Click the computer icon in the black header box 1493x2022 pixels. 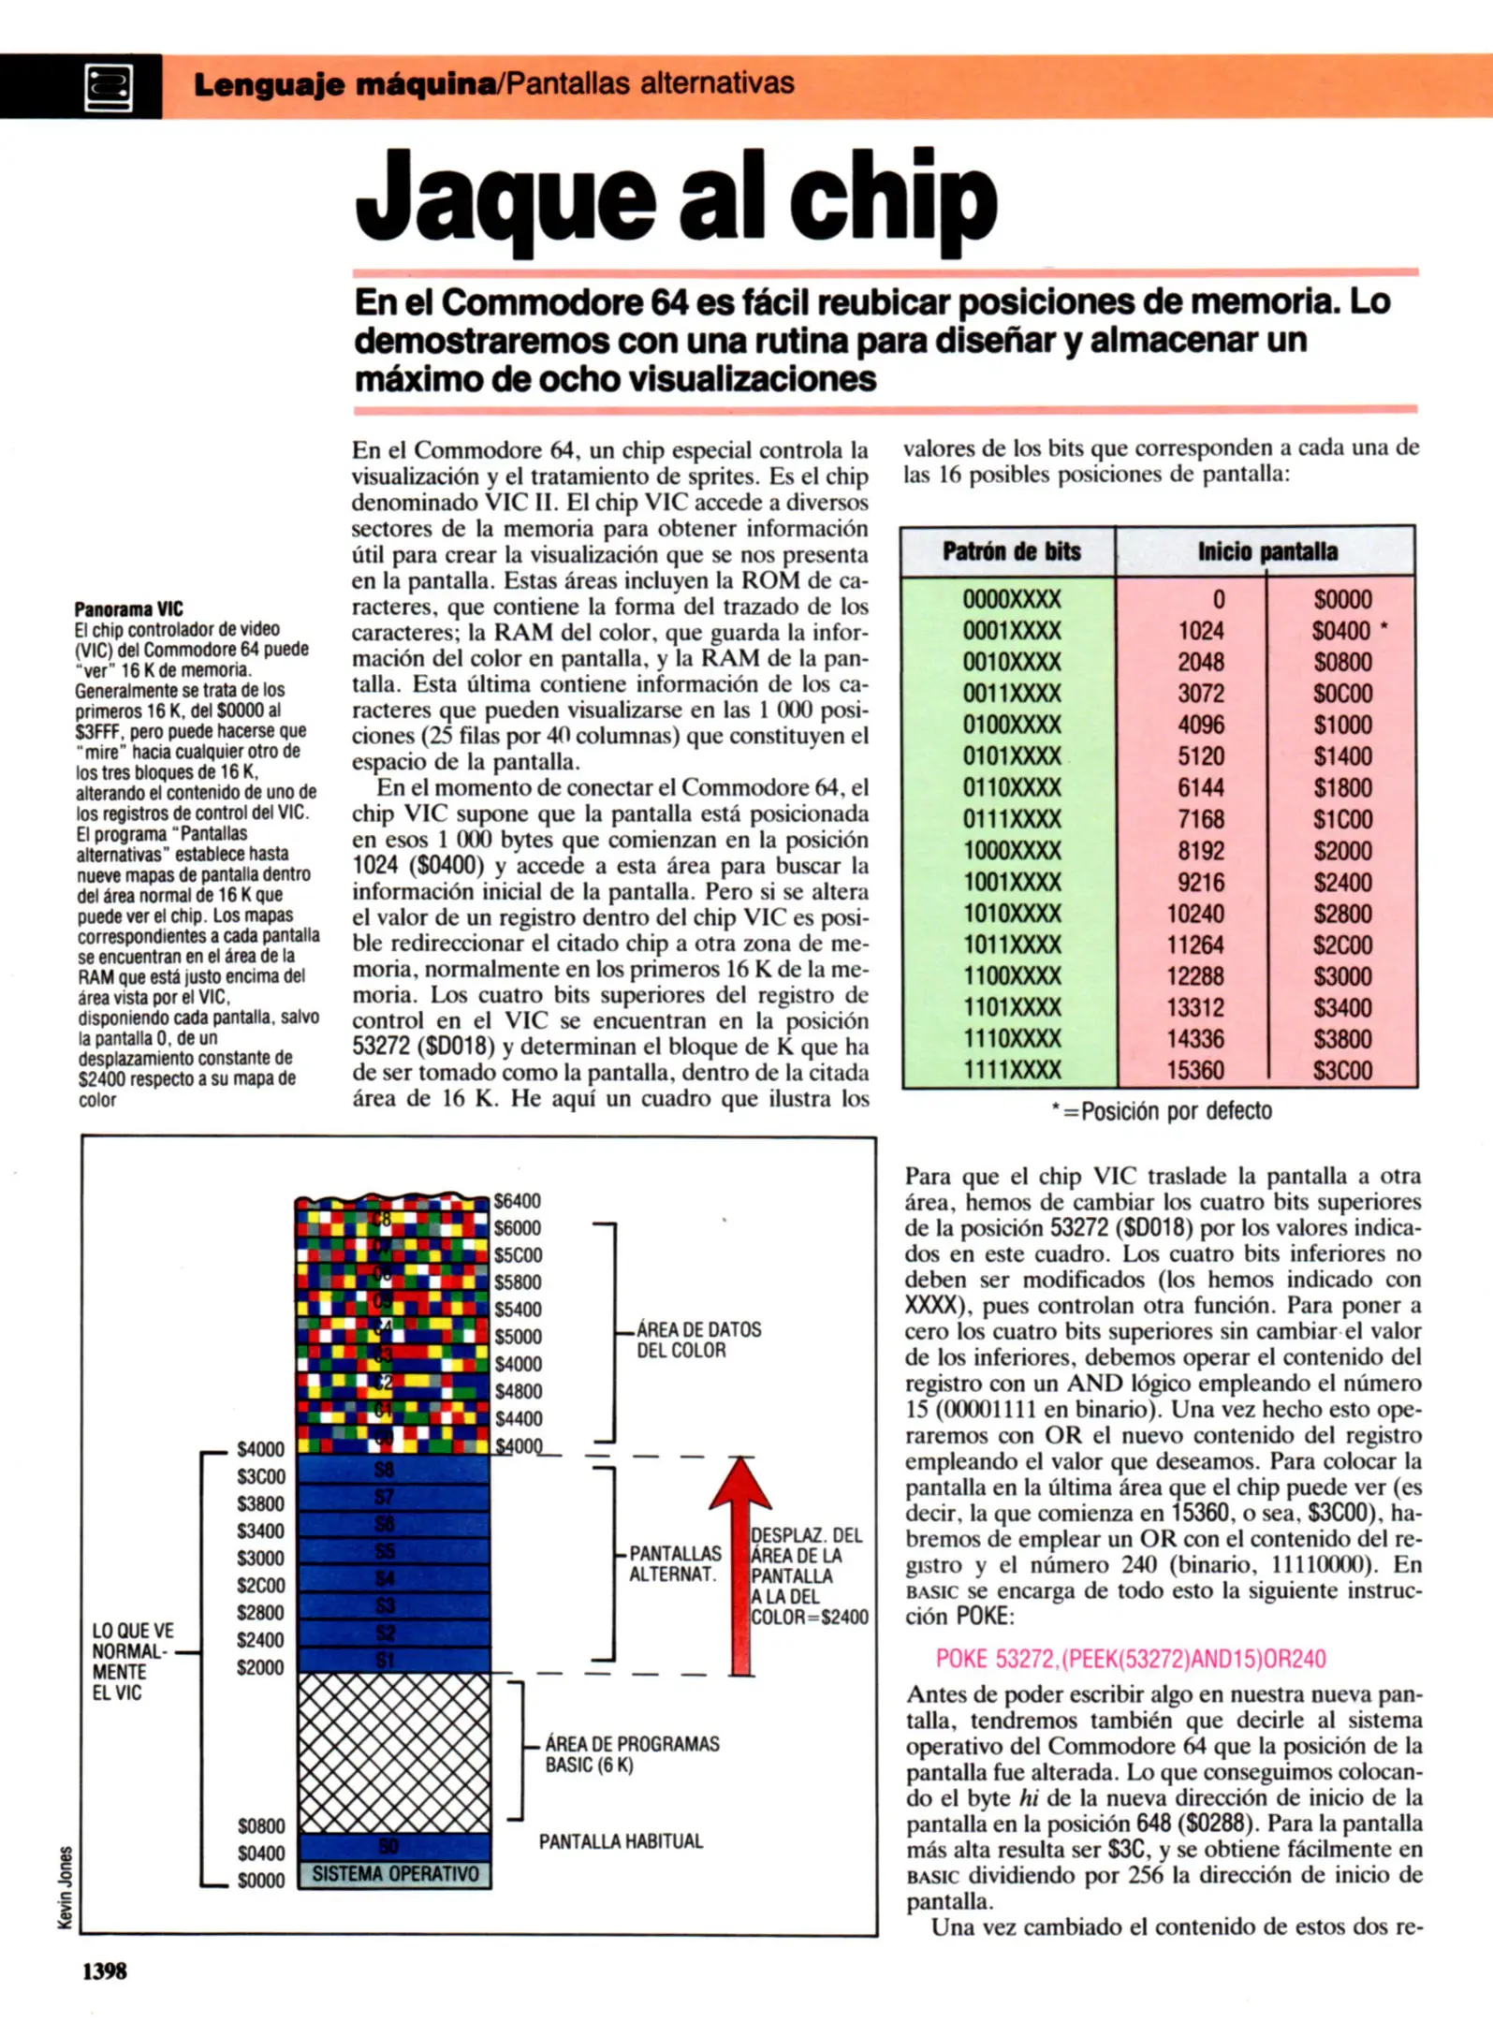click(x=109, y=88)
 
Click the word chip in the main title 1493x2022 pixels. click(x=892, y=199)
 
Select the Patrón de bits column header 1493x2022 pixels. click(x=1011, y=551)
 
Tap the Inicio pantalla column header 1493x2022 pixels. click(x=1266, y=551)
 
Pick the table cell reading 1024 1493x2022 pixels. click(x=1201, y=631)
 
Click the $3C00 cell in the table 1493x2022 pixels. click(x=1341, y=1071)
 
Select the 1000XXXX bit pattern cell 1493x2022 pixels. click(x=1012, y=851)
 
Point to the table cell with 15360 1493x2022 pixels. click(x=1195, y=1071)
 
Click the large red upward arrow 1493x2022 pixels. click(x=741, y=1563)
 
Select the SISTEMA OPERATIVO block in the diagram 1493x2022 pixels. click(x=394, y=1874)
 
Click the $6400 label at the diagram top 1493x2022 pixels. click(x=517, y=1201)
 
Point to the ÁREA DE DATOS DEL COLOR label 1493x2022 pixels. click(x=697, y=1340)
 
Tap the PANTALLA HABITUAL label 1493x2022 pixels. click(x=620, y=1841)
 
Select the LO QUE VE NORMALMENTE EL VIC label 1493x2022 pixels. click(x=132, y=1662)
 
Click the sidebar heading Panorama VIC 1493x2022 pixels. click(x=128, y=608)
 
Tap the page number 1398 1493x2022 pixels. click(x=105, y=1971)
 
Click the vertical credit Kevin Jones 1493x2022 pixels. click(x=66, y=1887)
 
